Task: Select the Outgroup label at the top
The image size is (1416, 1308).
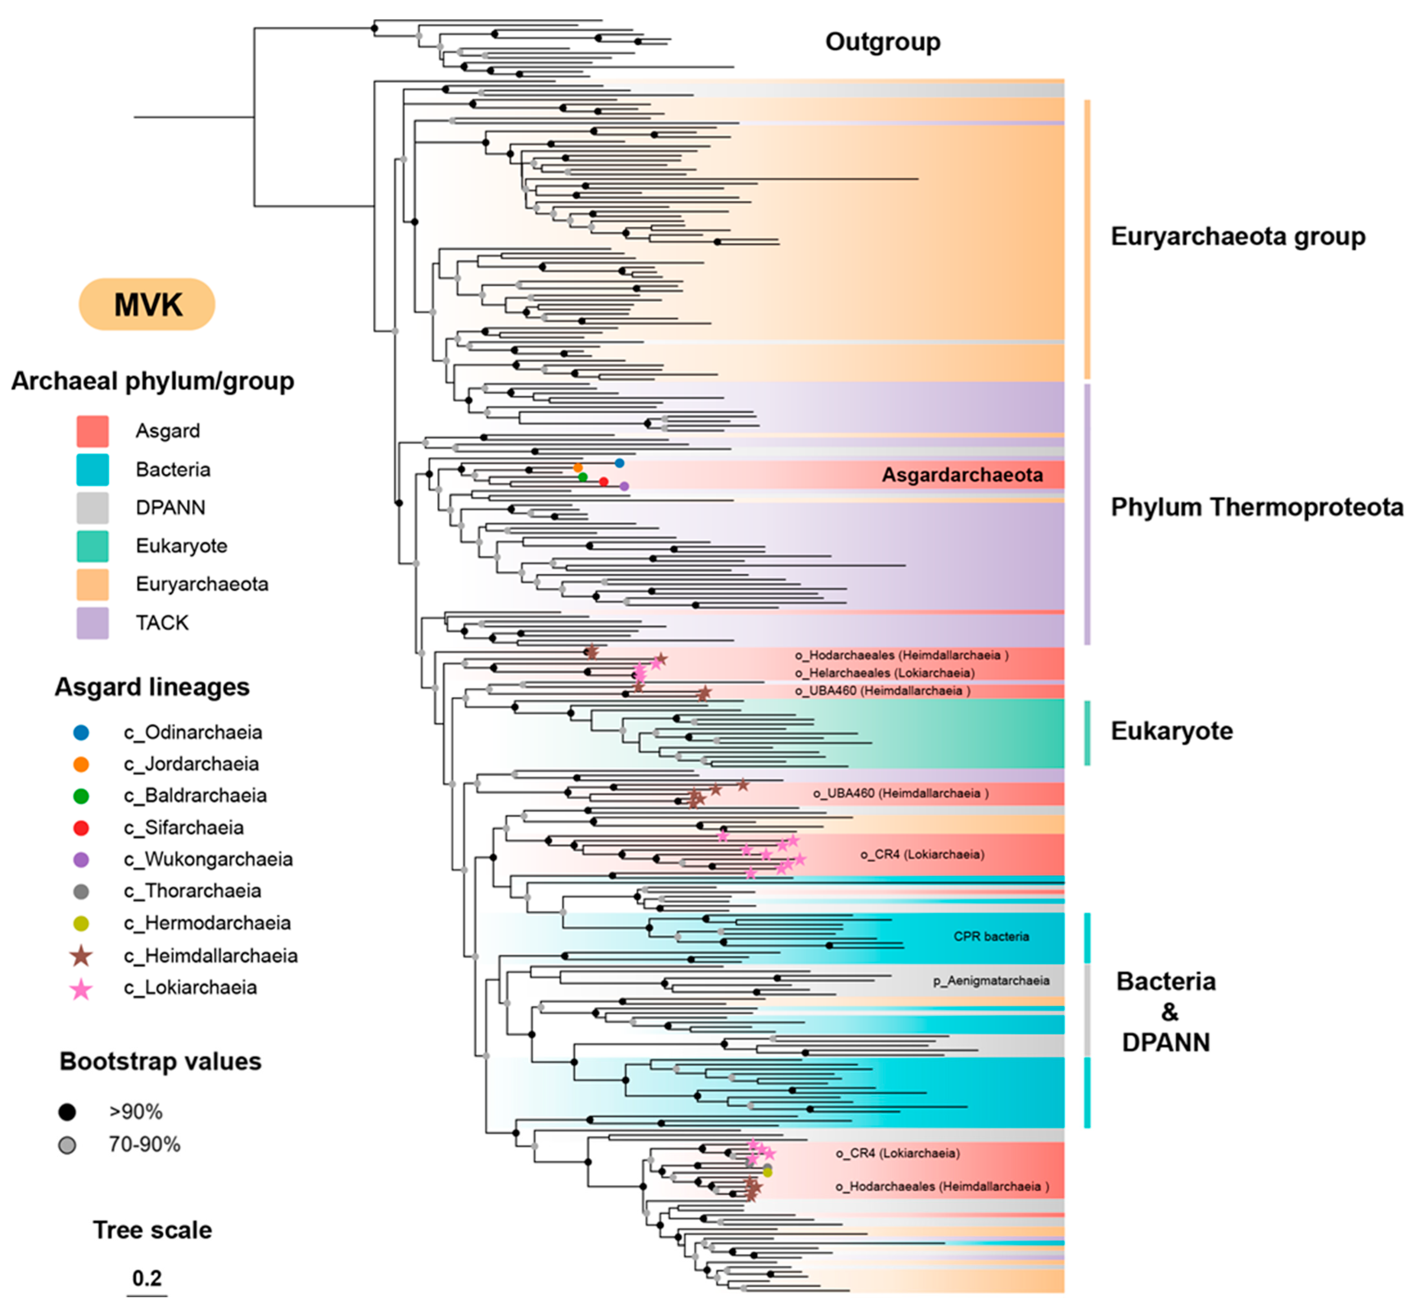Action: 882,42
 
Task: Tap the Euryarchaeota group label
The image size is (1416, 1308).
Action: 1237,236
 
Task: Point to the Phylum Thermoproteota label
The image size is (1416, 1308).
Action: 1256,507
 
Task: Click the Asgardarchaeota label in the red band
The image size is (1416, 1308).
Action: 961,475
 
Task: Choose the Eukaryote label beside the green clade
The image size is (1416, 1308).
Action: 1171,731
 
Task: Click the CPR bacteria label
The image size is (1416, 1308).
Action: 990,936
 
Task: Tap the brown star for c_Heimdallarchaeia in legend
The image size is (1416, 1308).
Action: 81,956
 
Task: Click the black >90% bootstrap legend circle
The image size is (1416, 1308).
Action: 67,1112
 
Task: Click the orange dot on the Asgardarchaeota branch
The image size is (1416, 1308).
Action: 578,468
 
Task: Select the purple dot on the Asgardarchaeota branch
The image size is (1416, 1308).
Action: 624,486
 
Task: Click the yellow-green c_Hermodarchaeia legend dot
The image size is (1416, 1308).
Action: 81,923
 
